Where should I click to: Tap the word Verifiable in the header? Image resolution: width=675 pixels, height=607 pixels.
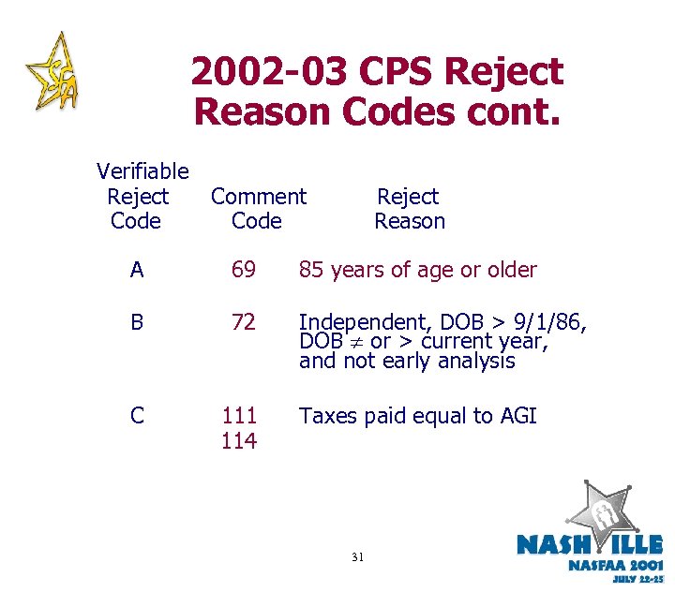142,171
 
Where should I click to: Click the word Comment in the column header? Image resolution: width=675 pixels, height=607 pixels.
258,197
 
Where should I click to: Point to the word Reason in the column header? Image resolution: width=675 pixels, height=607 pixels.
410,222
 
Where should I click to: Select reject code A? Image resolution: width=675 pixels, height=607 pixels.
138,271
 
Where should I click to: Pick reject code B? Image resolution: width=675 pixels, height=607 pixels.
138,323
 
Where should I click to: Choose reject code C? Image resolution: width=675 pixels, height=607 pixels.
138,416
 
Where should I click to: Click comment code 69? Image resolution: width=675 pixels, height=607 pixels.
243,271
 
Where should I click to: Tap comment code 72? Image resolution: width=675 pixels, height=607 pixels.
243,323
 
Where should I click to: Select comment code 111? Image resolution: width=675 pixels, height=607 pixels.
239,416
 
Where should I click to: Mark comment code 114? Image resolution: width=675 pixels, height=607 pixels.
239,440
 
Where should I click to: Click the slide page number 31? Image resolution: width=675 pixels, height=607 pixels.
357,557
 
